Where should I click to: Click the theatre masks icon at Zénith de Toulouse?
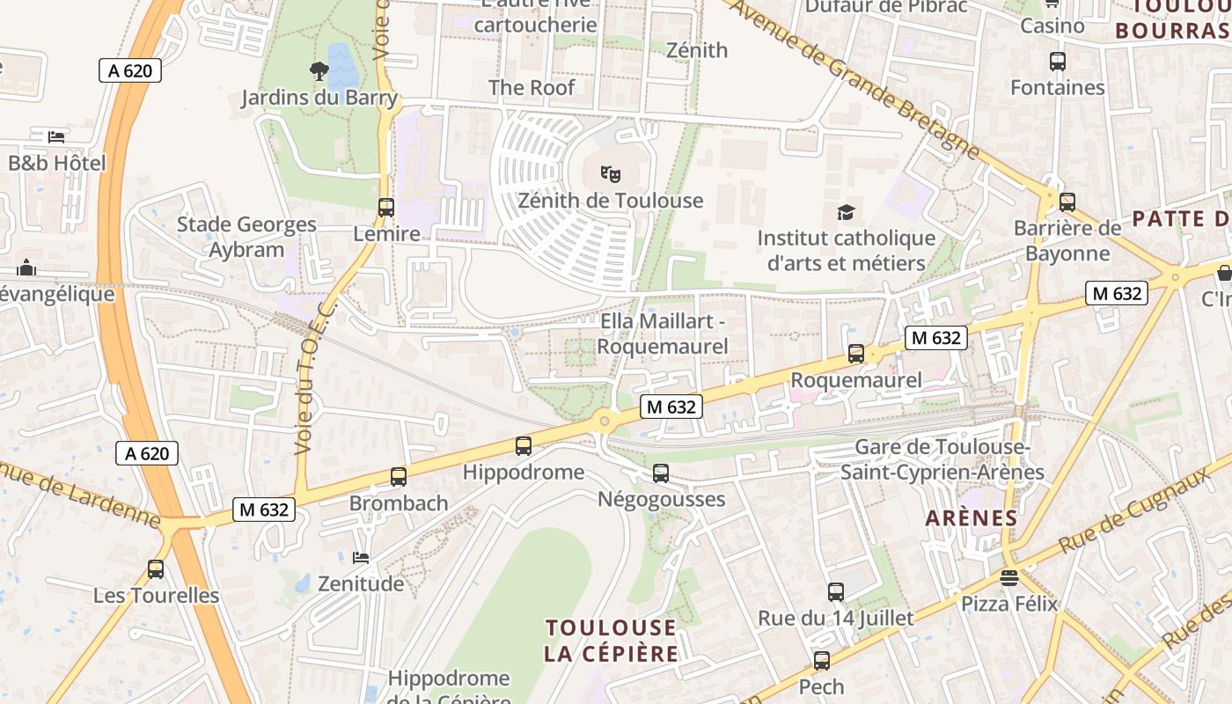coord(610,174)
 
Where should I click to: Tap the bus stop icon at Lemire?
coord(385,208)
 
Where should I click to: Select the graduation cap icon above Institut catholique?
coord(846,212)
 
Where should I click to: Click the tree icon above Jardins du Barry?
coord(319,70)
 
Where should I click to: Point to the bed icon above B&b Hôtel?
coord(56,136)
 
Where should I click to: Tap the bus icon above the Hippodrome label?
coord(524,445)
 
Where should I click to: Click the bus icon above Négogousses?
coord(661,473)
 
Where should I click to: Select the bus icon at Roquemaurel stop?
coord(855,354)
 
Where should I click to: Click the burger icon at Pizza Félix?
coord(1008,578)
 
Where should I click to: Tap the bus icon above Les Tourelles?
coord(156,568)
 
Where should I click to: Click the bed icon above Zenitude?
coord(360,557)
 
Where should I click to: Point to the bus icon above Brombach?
coord(398,476)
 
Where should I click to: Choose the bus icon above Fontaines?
coord(1057,62)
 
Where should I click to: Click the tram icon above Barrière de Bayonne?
coord(1067,202)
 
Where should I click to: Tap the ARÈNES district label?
coord(972,518)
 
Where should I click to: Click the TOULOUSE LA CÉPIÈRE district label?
coord(612,641)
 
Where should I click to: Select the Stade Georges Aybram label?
coord(246,237)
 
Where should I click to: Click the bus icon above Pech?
coord(821,660)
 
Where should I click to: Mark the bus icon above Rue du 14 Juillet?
coord(835,591)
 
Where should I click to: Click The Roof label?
coord(532,87)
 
